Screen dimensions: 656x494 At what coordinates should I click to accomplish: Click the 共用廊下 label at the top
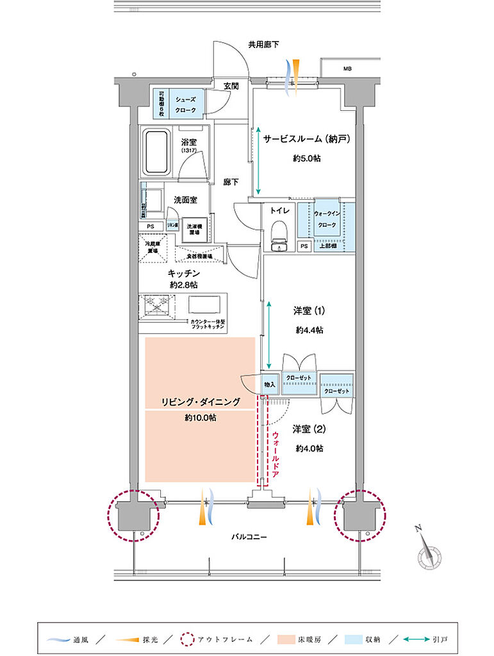tap(264, 44)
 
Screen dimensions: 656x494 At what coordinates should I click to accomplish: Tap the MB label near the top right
tap(347, 68)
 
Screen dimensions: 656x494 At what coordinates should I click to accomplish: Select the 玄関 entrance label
tap(231, 86)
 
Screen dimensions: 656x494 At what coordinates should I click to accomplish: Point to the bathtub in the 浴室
tap(156, 152)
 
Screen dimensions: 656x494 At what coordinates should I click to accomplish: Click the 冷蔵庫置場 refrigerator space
tap(152, 247)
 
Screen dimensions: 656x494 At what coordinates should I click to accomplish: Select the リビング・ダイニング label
tap(201, 402)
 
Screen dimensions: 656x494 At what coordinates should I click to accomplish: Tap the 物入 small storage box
tap(270, 384)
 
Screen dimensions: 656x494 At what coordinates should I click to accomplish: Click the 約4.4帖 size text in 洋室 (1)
tap(309, 331)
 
